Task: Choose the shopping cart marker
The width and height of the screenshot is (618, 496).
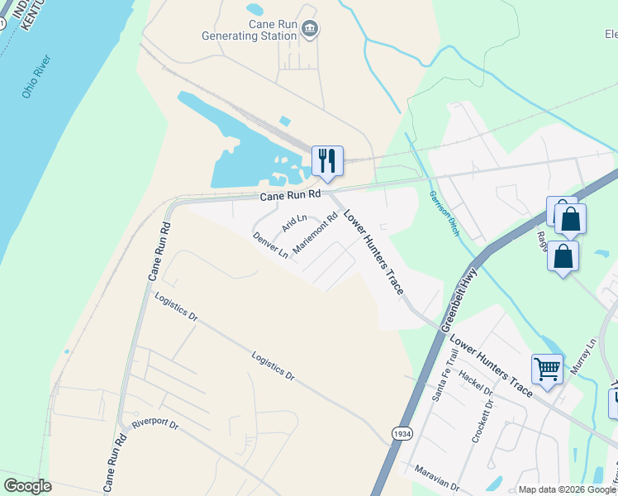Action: (547, 368)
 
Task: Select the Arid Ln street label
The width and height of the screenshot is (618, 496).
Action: (293, 222)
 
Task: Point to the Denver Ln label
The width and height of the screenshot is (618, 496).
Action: (270, 244)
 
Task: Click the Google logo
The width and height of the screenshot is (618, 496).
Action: (27, 486)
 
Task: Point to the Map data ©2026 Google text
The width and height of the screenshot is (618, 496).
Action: (567, 489)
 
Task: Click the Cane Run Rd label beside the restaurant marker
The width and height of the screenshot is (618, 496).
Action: (289, 195)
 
